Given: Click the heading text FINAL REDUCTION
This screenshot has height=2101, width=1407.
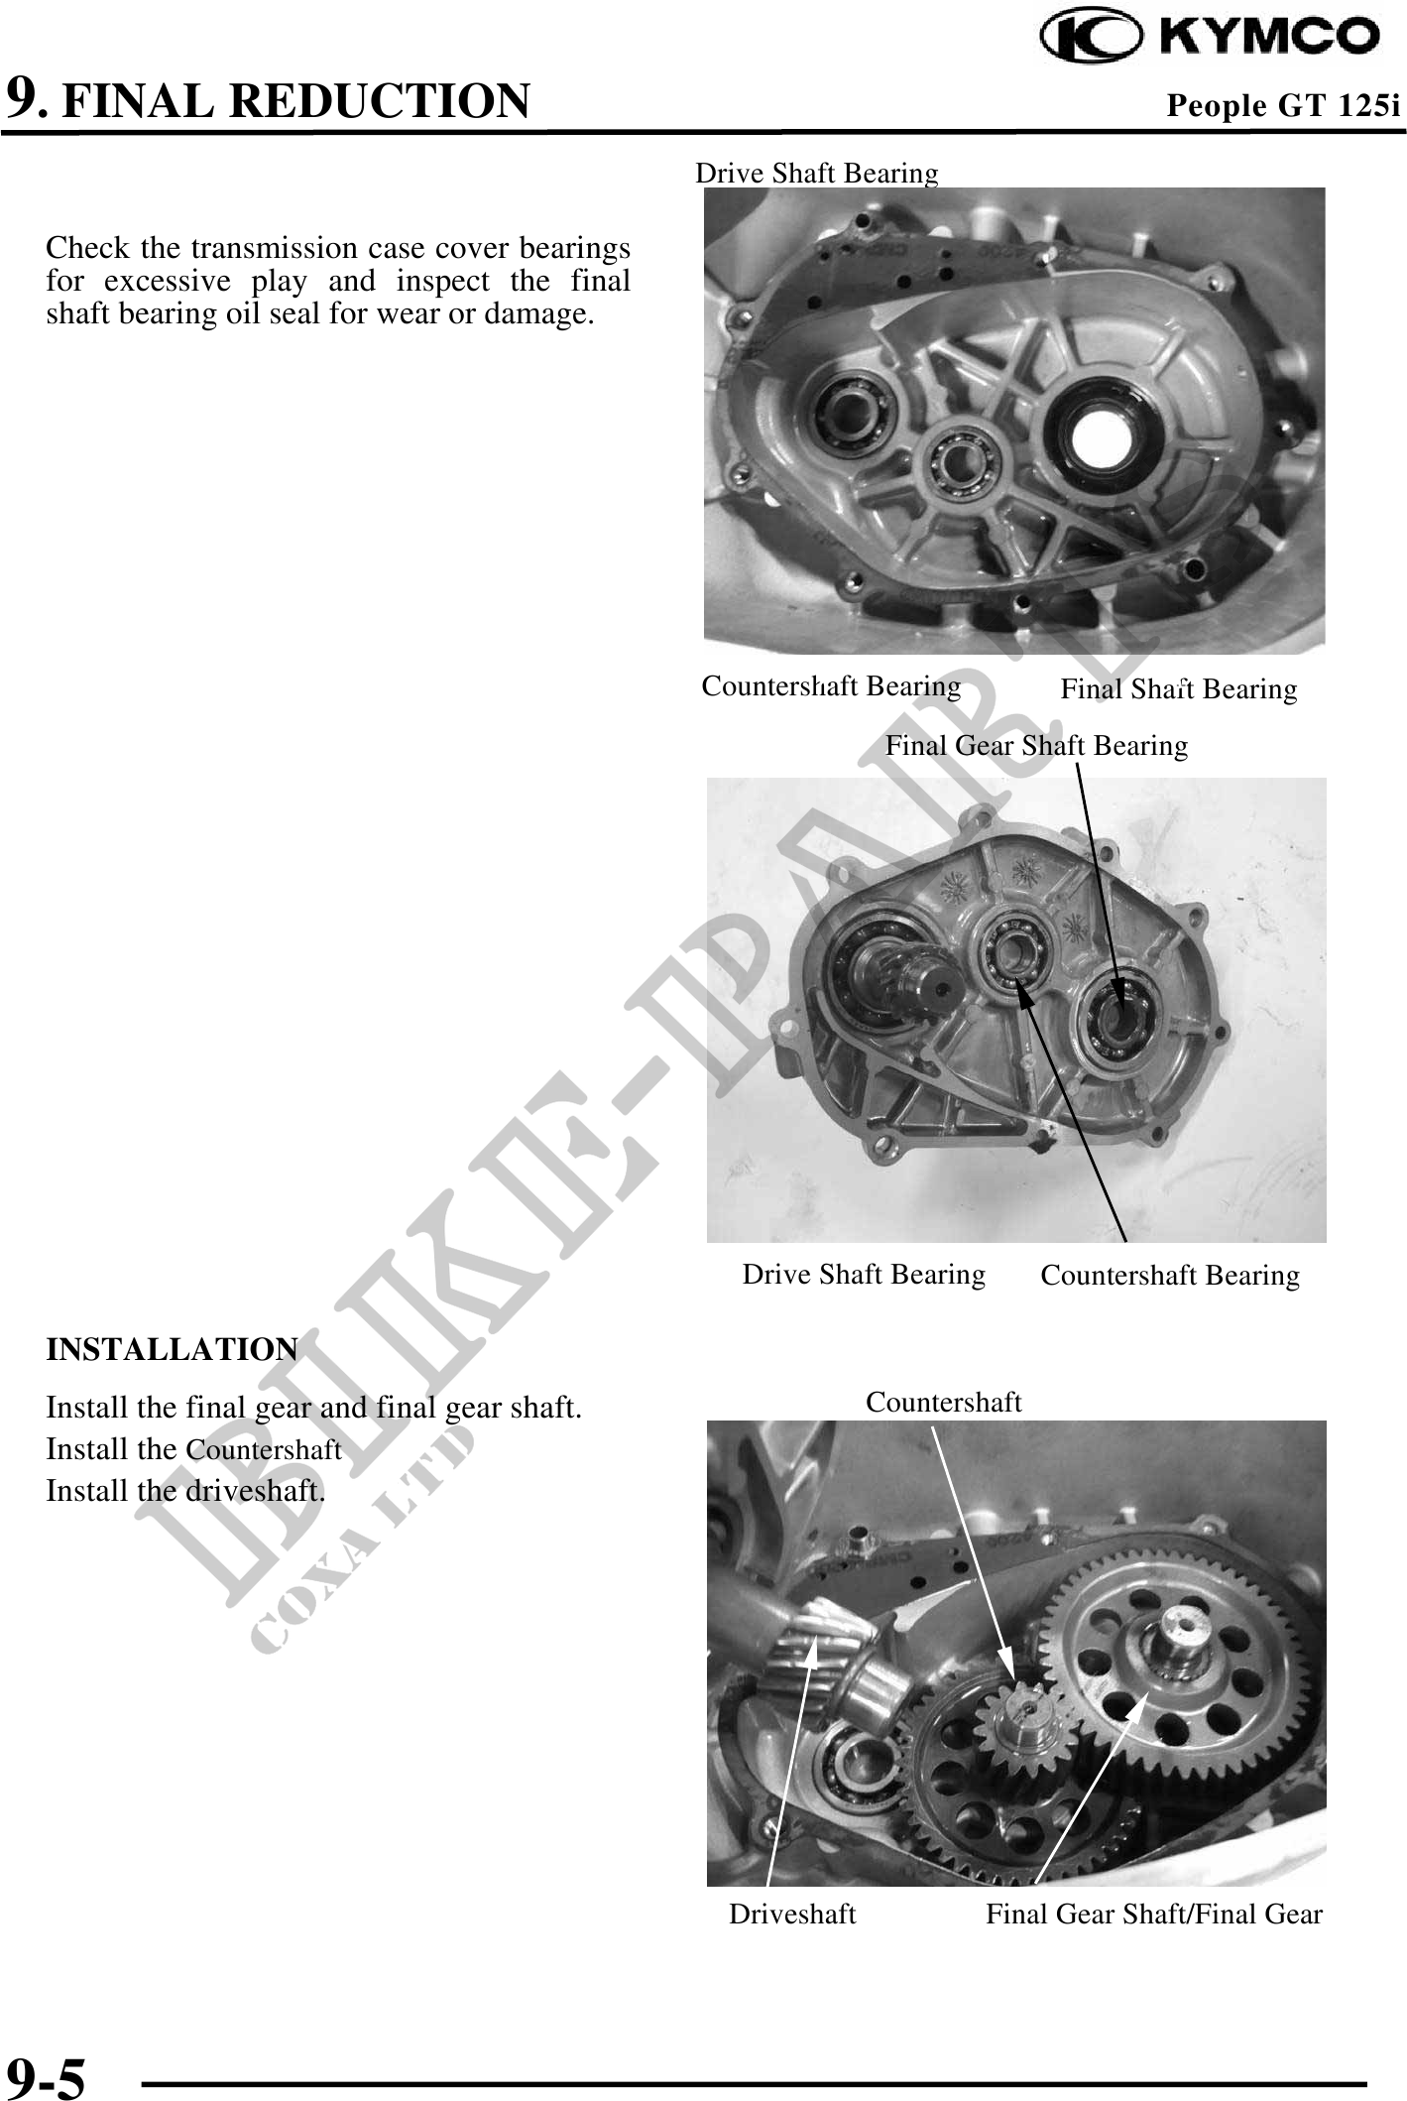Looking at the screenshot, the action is [295, 101].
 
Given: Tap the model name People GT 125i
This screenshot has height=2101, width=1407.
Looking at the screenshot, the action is [1283, 105].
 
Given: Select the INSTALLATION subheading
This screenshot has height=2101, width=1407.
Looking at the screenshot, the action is [172, 1349].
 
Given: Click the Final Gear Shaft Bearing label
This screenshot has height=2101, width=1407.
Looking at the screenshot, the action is [1036, 745].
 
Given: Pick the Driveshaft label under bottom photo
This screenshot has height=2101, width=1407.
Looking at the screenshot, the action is [792, 1914].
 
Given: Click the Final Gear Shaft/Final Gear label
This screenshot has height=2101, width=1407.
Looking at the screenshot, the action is [1154, 1914].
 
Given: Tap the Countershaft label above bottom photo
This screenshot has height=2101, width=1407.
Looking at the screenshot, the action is [943, 1402].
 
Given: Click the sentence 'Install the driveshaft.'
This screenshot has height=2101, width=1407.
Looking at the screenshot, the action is [185, 1490].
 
